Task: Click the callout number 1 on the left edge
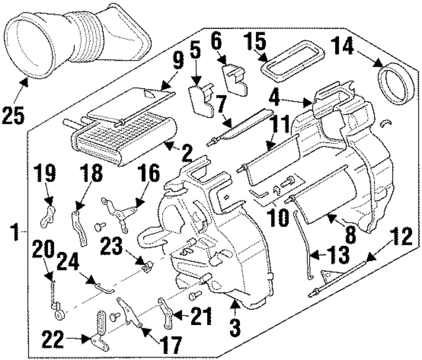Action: point(15,232)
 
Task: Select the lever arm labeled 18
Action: point(80,224)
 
